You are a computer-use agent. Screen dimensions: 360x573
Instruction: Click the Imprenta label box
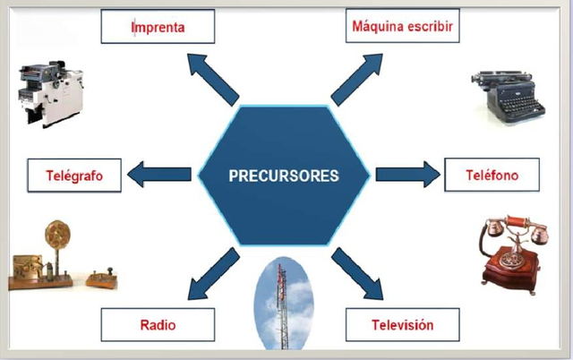pos(158,27)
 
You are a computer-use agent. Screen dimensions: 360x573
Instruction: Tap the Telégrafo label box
pos(75,176)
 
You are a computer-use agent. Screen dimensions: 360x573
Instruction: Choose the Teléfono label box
pos(492,175)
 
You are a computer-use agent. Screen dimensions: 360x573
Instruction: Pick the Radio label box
pos(158,324)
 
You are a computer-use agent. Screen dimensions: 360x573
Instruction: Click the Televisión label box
pos(402,324)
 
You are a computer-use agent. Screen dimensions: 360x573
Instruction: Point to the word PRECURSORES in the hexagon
pos(284,176)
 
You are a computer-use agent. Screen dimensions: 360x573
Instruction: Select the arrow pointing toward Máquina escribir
pos(357,78)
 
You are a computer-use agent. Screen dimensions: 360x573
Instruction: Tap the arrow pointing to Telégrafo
pos(161,175)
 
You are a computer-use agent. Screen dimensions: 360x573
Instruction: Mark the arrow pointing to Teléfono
pos(406,173)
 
